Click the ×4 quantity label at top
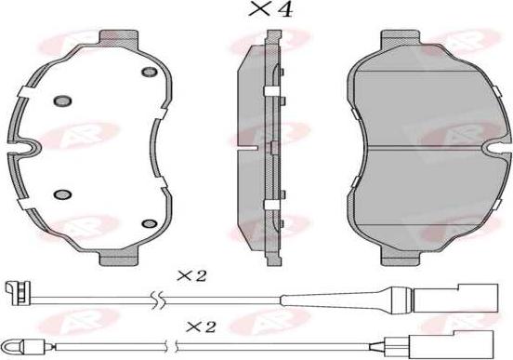pos(270,9)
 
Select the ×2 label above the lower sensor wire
pos(201,327)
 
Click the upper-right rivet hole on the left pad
pos(150,72)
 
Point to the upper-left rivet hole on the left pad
pos(62,100)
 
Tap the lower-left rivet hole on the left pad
pos(63,194)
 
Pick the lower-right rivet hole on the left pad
pos(150,223)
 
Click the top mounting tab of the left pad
pos(118,39)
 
